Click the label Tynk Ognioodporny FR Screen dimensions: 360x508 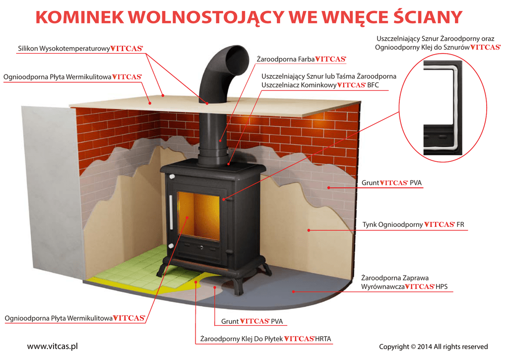tap(413, 224)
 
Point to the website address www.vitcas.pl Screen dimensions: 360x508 tap(52, 346)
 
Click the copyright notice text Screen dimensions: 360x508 tap(433, 347)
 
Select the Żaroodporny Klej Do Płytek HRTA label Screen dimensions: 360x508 tap(263, 339)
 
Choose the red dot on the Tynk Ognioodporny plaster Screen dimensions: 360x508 tap(308, 230)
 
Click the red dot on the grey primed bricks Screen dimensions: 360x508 tap(328, 188)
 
